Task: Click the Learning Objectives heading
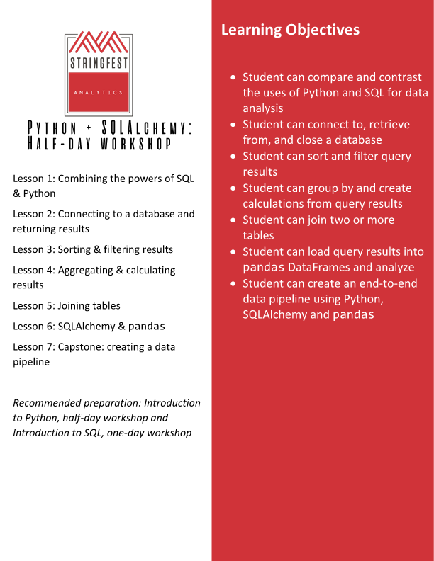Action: tap(290, 30)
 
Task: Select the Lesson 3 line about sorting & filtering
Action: tap(93, 249)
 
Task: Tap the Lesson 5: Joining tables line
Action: tap(67, 305)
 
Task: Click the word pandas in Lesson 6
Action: tap(147, 327)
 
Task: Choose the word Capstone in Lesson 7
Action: tap(81, 347)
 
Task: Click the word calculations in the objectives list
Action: tap(274, 204)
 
